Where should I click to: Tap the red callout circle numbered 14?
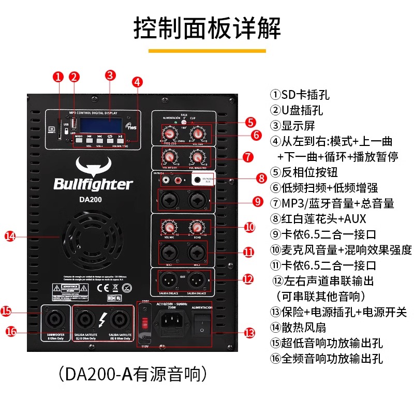(x=10, y=236)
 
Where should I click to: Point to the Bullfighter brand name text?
(x=93, y=184)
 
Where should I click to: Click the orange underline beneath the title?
(x=207, y=51)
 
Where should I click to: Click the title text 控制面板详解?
(x=207, y=28)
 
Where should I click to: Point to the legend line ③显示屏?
(x=292, y=126)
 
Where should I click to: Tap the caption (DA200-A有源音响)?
(x=133, y=374)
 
